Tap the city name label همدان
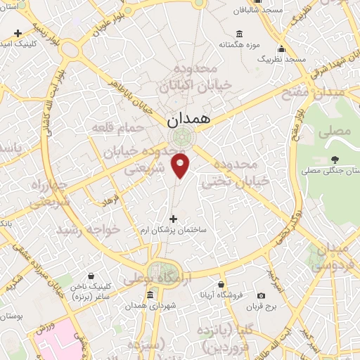[x=190, y=120]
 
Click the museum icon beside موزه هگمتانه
[x=240, y=34]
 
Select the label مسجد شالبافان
[x=263, y=11]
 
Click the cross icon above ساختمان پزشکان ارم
[x=174, y=219]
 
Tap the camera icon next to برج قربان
[x=261, y=296]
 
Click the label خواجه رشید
[x=84, y=230]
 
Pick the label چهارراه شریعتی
[x=49, y=193]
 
